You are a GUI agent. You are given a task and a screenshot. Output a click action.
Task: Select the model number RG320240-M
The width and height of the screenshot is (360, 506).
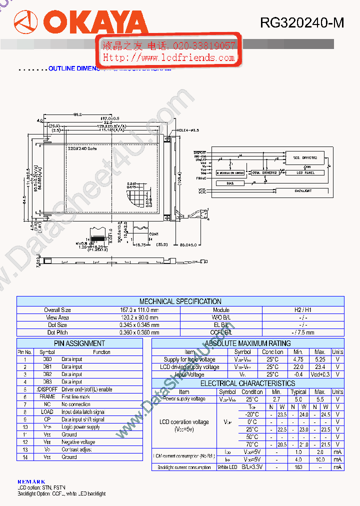(302, 23)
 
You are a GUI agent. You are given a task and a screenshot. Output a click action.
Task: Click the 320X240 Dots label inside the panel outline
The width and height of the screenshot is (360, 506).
(82, 148)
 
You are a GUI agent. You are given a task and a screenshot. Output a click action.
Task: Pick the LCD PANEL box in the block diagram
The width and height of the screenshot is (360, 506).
(305, 172)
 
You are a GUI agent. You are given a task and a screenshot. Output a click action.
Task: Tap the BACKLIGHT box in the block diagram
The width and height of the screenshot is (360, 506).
(303, 190)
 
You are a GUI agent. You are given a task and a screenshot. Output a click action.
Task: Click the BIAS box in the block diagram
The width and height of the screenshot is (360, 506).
(230, 183)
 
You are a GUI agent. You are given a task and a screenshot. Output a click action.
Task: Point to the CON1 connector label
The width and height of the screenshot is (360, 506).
(154, 234)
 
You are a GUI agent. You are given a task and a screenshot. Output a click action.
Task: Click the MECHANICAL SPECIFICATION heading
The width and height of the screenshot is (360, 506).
(180, 301)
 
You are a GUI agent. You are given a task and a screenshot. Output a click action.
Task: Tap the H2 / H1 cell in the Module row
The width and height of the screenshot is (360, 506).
(303, 310)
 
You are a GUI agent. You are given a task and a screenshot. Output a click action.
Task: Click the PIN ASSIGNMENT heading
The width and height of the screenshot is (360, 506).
(79, 343)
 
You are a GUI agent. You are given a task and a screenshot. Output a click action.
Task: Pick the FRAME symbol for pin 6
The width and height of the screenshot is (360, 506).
(47, 396)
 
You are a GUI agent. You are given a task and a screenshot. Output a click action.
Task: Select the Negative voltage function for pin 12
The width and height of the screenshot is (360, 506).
(79, 442)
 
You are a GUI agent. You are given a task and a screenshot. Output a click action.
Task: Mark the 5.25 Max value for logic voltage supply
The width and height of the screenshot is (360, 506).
(320, 359)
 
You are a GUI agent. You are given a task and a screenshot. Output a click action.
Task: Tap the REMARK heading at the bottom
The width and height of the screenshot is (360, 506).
(31, 481)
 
